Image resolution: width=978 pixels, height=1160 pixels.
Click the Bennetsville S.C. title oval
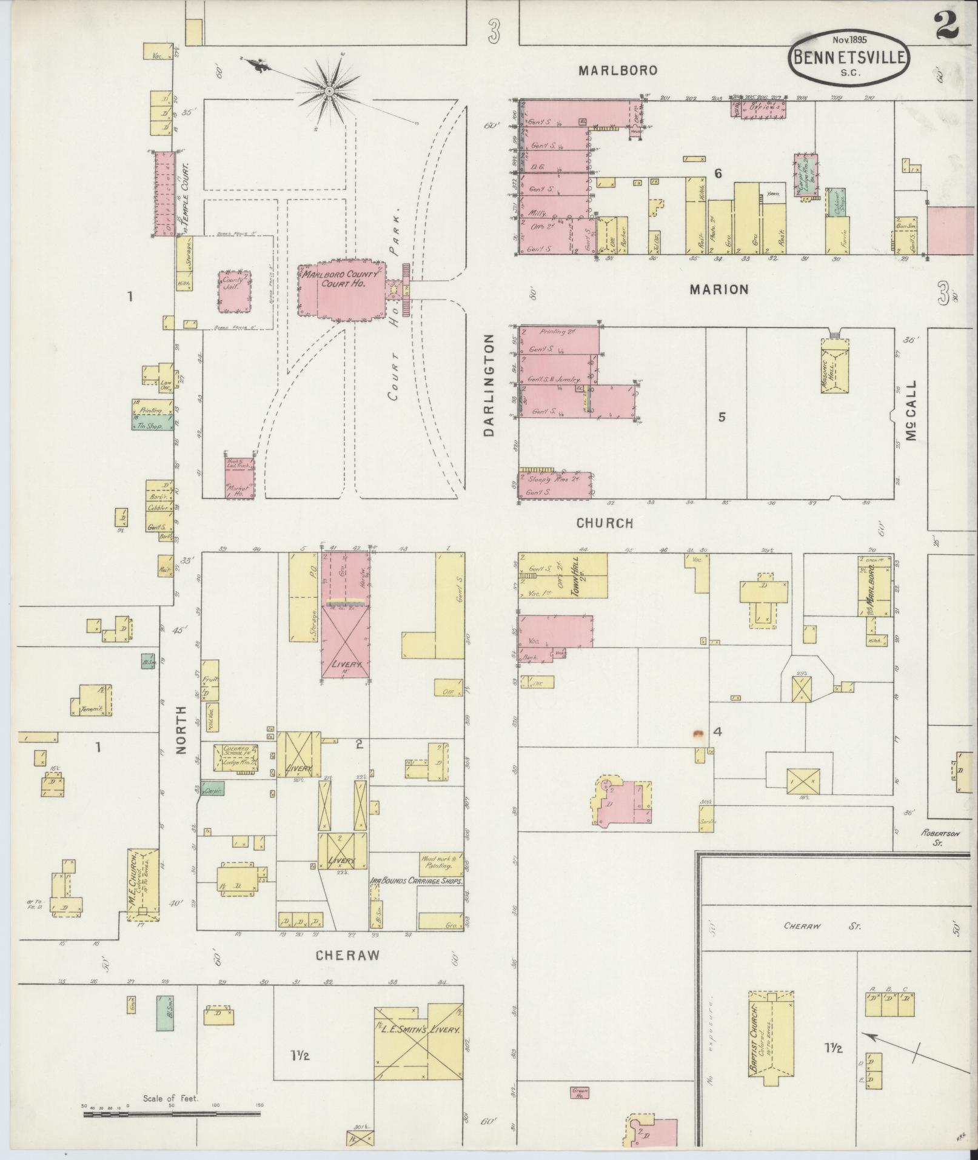point(848,58)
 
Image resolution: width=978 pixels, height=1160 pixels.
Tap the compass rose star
point(329,91)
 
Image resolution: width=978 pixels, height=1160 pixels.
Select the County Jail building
point(235,291)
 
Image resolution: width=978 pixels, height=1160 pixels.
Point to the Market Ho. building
point(239,477)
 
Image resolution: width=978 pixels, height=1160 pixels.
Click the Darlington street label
point(490,384)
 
